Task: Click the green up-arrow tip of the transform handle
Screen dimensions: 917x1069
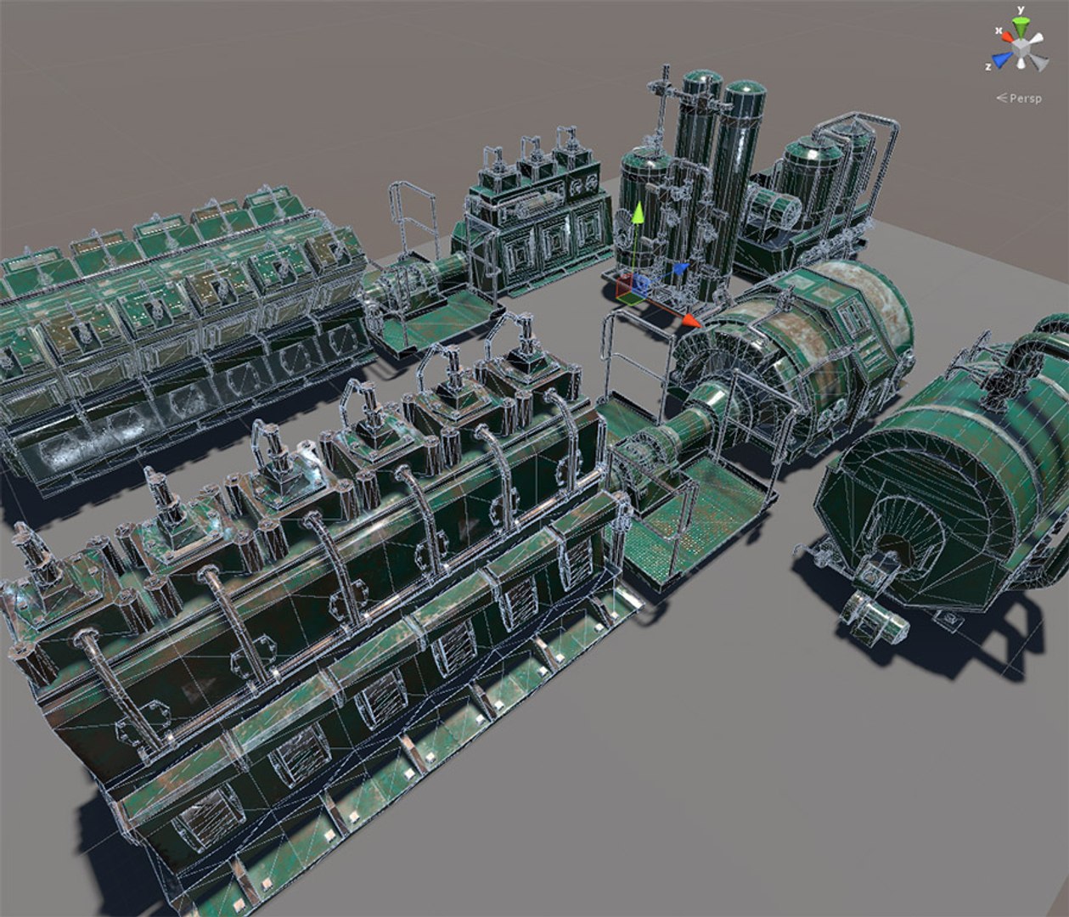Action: (635, 215)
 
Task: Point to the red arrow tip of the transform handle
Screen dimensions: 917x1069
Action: (691, 321)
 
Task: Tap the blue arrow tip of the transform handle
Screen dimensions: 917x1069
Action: (680, 270)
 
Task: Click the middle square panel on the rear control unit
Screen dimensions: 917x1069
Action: (555, 242)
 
